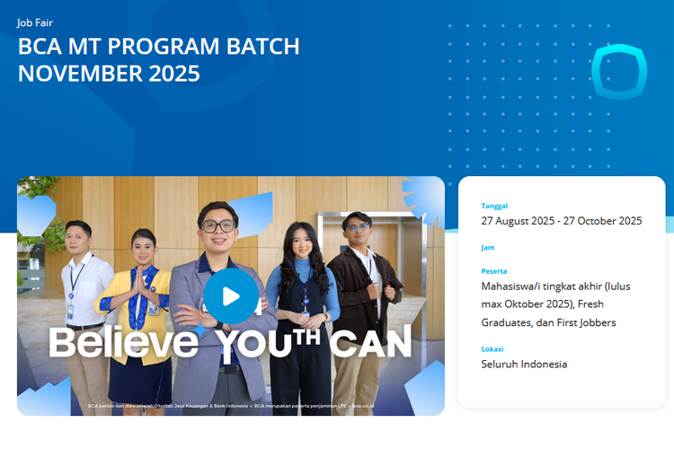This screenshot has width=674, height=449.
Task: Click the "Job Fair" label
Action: (35, 22)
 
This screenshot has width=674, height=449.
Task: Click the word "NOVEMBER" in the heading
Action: (72, 74)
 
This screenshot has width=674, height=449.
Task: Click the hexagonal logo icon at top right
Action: (619, 73)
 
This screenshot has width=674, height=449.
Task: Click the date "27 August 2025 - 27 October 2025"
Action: (561, 221)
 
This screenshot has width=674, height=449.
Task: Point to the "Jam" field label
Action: (488, 247)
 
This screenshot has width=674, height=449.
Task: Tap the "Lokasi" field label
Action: (492, 348)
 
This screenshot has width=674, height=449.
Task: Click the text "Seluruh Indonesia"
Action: (524, 364)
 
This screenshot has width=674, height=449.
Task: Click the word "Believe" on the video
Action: (123, 341)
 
